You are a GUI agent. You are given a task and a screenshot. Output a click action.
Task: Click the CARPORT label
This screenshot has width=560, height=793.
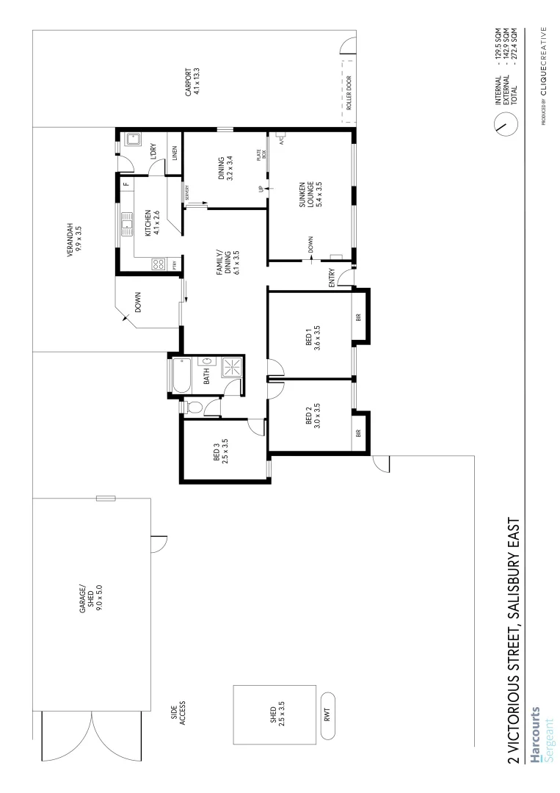point(192,83)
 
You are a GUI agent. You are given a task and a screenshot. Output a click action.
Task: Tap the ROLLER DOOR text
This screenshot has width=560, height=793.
point(349,91)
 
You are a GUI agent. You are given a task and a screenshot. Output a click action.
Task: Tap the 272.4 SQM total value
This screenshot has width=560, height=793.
point(523,46)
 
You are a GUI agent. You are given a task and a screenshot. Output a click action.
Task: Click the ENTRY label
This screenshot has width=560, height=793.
point(332,278)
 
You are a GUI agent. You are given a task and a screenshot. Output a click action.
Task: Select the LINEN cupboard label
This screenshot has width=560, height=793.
point(175,153)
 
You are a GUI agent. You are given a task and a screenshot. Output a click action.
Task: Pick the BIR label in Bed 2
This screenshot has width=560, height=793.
point(359,433)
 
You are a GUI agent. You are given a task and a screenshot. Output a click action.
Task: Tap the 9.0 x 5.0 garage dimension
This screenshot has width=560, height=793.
point(98,599)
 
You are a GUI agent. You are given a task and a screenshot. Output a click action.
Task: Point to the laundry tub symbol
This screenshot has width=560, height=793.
point(135,138)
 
